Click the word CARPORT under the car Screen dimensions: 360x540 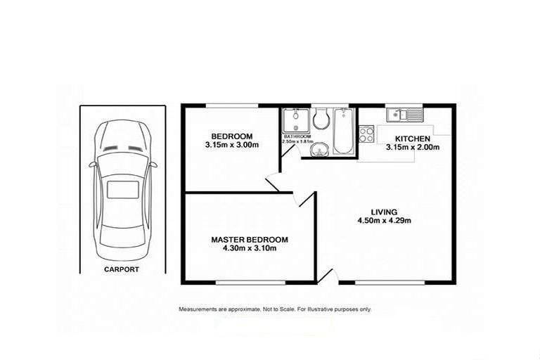122,269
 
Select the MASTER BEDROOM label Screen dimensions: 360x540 250,240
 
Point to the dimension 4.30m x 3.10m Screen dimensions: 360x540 250,249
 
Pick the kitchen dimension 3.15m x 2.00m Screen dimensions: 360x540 412,148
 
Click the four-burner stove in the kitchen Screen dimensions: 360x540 366,134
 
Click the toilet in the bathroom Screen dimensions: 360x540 323,119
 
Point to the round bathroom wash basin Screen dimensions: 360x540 320,149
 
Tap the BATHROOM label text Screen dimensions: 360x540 297,136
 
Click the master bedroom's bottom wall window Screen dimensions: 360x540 250,283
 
